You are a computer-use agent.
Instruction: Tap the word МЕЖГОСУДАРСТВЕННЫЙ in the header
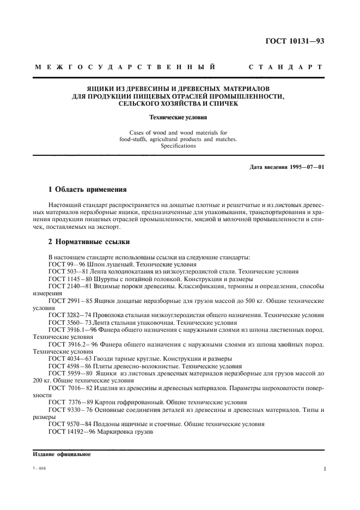coord(125,68)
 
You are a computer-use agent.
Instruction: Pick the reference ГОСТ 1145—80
coord(69,278)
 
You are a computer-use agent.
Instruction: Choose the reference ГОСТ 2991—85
coord(69,300)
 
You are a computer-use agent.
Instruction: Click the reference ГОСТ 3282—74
coord(69,315)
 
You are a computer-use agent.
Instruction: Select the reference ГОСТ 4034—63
coord(69,359)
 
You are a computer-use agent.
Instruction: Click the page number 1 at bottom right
coord(324,468)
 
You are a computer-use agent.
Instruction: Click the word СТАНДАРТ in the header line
coord(285,68)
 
